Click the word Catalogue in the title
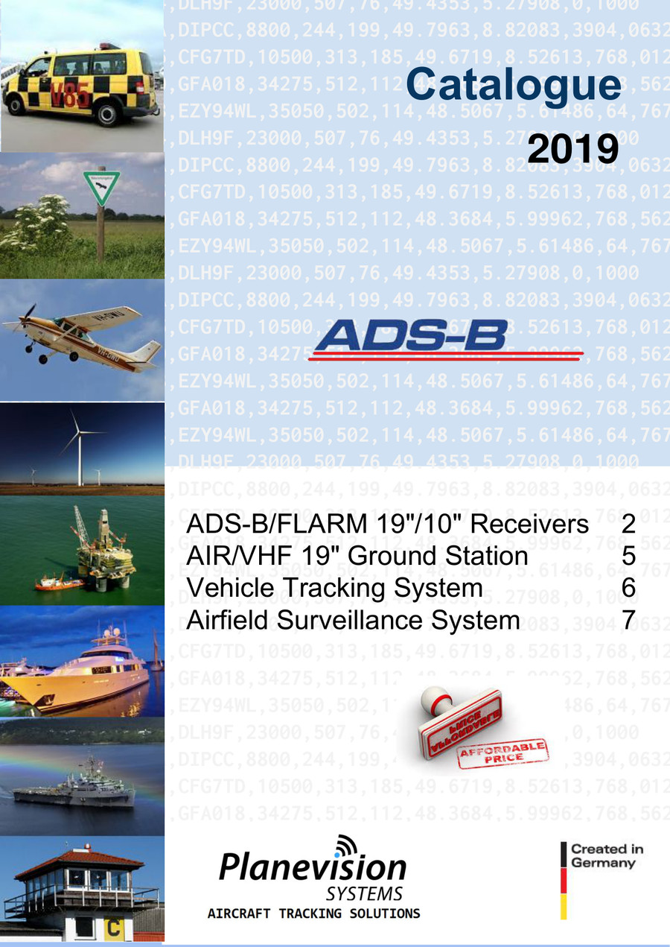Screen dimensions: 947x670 pyautogui.click(x=513, y=84)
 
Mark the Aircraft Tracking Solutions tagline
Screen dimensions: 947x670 pyautogui.click(x=313, y=913)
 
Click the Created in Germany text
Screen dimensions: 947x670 pyautogui.click(x=607, y=855)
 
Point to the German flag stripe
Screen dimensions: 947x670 pyautogui.click(x=564, y=880)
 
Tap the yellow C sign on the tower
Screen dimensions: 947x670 pyautogui.click(x=115, y=928)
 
